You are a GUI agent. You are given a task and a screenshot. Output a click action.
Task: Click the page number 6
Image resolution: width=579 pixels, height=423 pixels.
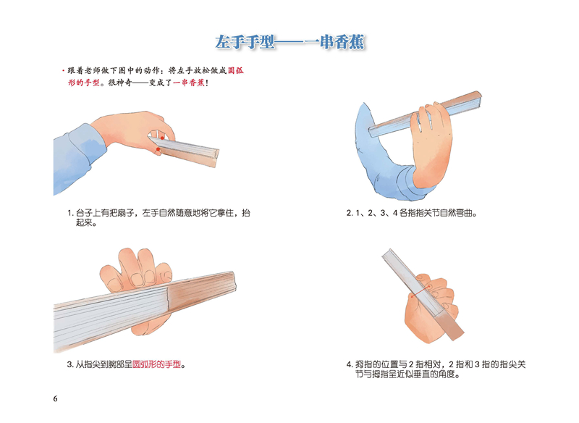56,398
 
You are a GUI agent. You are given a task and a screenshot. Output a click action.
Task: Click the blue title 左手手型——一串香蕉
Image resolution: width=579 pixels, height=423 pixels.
290,42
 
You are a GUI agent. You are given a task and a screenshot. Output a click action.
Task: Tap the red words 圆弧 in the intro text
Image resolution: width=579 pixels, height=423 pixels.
236,70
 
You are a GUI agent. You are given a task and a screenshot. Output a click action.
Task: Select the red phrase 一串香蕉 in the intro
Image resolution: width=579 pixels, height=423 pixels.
188,83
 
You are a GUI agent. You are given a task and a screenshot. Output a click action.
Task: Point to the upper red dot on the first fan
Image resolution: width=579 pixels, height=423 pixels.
161,138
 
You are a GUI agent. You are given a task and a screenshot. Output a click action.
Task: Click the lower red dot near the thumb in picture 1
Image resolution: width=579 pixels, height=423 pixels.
159,149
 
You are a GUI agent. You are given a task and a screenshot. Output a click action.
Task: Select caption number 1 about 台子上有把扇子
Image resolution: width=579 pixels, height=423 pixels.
159,217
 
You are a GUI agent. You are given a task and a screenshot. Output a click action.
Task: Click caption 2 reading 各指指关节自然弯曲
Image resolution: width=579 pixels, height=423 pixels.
412,213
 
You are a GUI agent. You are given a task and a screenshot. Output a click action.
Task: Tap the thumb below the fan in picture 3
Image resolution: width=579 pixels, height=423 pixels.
151,325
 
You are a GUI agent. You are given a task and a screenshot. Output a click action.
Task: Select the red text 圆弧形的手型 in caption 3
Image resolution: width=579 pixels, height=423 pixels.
157,364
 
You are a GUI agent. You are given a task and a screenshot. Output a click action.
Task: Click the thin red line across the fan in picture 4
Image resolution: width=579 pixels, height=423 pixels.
420,291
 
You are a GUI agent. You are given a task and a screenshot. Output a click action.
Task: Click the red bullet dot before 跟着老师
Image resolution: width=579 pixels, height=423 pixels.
64,70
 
